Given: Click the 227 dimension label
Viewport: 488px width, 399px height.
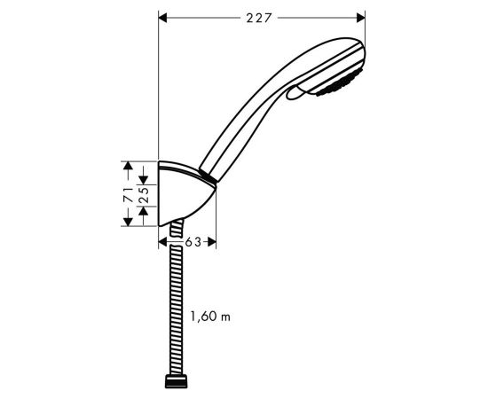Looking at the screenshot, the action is coord(258,18).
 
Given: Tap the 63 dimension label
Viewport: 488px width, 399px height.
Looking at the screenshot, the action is coord(193,242).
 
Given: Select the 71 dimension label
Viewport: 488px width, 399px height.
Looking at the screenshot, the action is coord(129,195).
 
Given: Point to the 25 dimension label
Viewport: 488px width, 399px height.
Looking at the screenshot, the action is coord(143,195).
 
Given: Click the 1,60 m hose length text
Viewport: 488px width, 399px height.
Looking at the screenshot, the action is coord(210,317).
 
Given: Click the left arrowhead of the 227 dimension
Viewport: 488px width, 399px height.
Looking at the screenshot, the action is coord(162,18).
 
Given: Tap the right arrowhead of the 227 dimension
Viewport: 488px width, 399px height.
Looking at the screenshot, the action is coord(361,18).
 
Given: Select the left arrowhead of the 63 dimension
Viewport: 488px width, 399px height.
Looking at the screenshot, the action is coord(162,242).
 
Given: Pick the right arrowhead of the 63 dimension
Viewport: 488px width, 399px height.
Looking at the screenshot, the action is coord(212,242).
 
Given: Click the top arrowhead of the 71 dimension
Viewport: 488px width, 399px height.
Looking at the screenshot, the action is coord(128,166).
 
